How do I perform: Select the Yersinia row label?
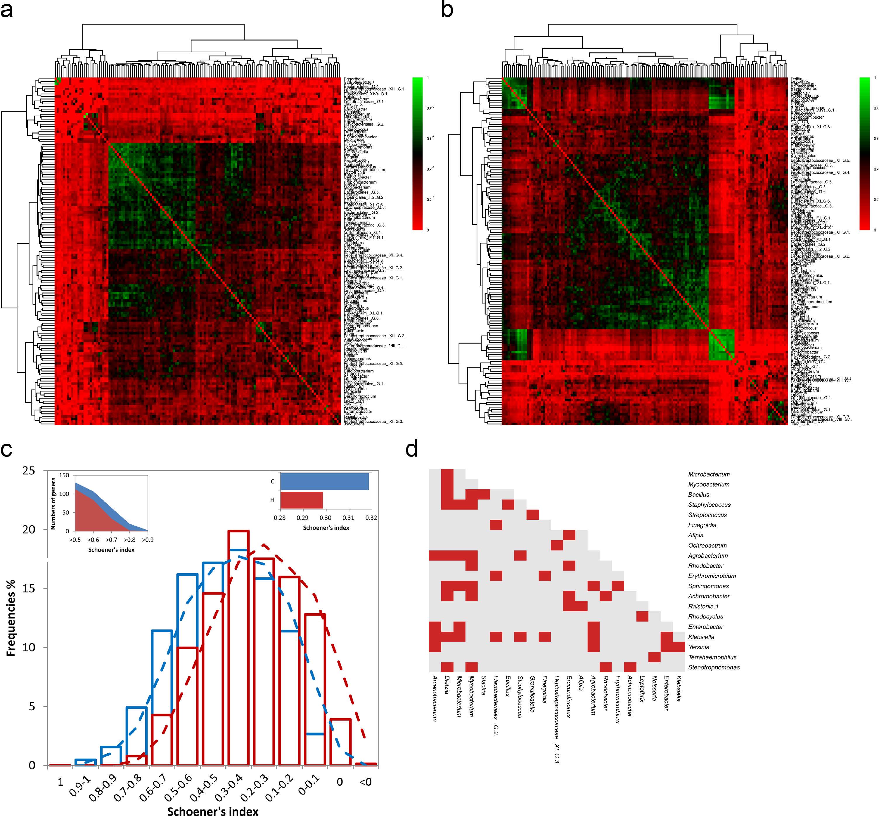click(x=699, y=647)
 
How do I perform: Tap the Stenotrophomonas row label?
click(x=714, y=667)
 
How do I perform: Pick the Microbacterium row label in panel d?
click(x=709, y=474)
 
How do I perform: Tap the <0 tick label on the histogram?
click(x=366, y=782)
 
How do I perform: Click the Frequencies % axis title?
click(x=11, y=618)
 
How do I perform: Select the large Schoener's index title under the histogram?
click(x=213, y=811)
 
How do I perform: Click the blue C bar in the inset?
click(x=324, y=481)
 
